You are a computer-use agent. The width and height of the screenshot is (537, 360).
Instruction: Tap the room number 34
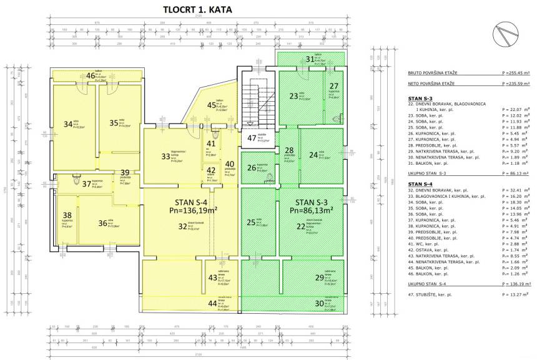(x=68, y=124)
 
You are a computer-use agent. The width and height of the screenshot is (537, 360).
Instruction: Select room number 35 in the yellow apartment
(x=114, y=124)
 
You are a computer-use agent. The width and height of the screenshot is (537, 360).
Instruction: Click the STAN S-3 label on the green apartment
(x=313, y=203)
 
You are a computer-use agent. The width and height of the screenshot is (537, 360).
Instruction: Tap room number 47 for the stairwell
(x=252, y=138)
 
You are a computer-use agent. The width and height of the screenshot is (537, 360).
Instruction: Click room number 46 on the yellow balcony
(x=91, y=76)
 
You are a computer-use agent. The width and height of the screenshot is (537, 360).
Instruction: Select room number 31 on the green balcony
(x=310, y=59)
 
